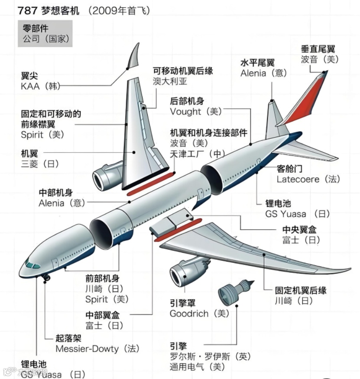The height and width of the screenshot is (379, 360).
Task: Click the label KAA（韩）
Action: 40,86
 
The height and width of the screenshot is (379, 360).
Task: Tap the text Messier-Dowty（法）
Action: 97,348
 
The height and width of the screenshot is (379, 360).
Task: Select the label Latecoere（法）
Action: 308,179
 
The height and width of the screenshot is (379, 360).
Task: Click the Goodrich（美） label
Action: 199,314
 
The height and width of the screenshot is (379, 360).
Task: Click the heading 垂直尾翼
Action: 318,49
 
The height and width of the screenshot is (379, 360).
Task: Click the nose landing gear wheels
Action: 46,278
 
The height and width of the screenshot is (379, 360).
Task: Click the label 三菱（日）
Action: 40,164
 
